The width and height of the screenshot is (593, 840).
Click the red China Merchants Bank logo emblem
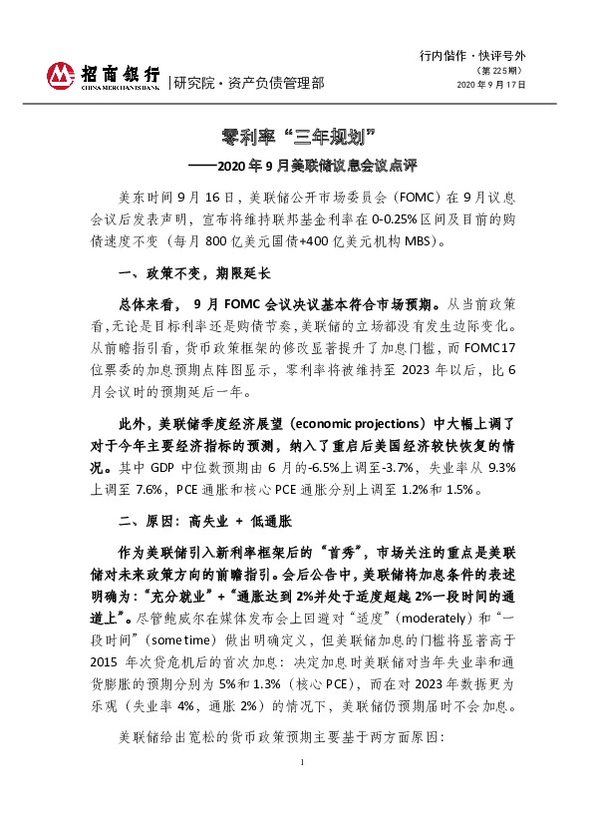click(x=62, y=75)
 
